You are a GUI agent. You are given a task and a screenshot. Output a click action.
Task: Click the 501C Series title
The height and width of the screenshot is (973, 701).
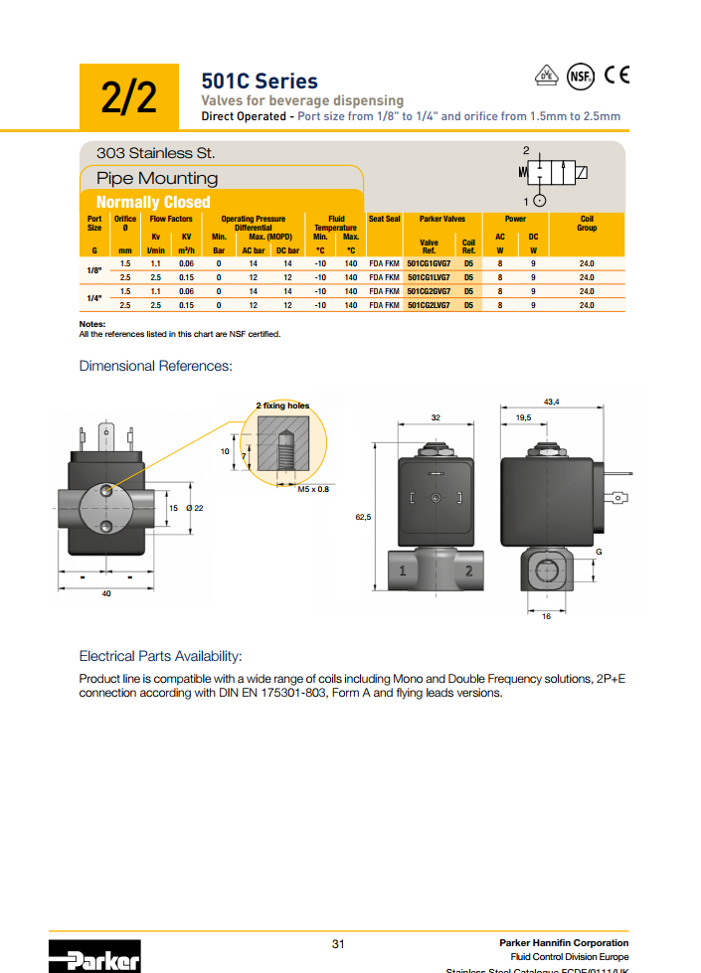click(260, 81)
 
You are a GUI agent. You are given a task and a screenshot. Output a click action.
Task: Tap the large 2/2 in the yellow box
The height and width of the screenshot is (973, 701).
click(129, 97)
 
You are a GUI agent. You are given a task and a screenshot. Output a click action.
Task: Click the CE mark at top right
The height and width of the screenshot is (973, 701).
click(616, 75)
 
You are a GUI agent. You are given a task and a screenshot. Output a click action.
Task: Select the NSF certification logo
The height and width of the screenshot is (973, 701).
click(580, 76)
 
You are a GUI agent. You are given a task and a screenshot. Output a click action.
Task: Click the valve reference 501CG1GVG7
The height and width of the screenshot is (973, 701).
click(429, 263)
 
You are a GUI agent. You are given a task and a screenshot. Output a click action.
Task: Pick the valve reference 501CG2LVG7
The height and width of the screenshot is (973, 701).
click(429, 305)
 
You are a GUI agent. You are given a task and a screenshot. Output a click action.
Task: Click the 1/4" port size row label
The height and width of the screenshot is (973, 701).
click(94, 298)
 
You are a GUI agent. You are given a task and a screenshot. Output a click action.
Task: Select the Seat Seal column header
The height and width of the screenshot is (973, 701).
click(384, 219)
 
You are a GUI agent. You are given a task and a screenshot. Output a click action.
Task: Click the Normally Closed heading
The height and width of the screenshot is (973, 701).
click(153, 202)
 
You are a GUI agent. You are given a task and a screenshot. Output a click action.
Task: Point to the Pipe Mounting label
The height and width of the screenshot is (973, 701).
click(157, 178)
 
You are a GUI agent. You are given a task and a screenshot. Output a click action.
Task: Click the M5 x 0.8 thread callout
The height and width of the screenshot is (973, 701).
click(313, 489)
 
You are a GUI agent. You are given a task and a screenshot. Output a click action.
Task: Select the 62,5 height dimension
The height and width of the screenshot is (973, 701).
click(363, 517)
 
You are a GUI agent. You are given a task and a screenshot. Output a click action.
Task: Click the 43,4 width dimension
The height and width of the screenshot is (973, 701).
click(551, 401)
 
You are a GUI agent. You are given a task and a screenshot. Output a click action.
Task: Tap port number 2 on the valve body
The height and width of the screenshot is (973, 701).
click(467, 570)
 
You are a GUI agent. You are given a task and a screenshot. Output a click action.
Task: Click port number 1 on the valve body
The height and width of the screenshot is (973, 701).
click(402, 570)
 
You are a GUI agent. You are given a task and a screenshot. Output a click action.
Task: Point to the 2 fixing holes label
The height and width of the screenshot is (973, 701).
click(282, 405)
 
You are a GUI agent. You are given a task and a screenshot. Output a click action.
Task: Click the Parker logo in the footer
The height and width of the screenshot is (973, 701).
click(94, 957)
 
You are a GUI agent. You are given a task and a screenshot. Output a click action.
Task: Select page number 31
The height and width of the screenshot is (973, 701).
click(338, 943)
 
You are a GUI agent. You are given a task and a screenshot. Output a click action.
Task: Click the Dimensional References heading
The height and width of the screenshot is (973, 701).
click(155, 366)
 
